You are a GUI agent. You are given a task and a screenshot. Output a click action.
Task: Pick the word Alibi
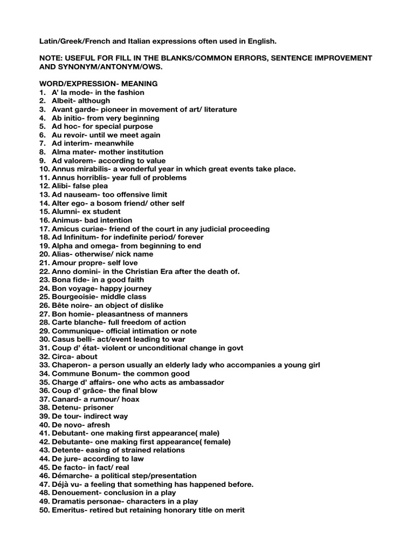point(61,186)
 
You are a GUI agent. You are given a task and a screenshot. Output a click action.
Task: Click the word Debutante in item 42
point(72,441)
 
